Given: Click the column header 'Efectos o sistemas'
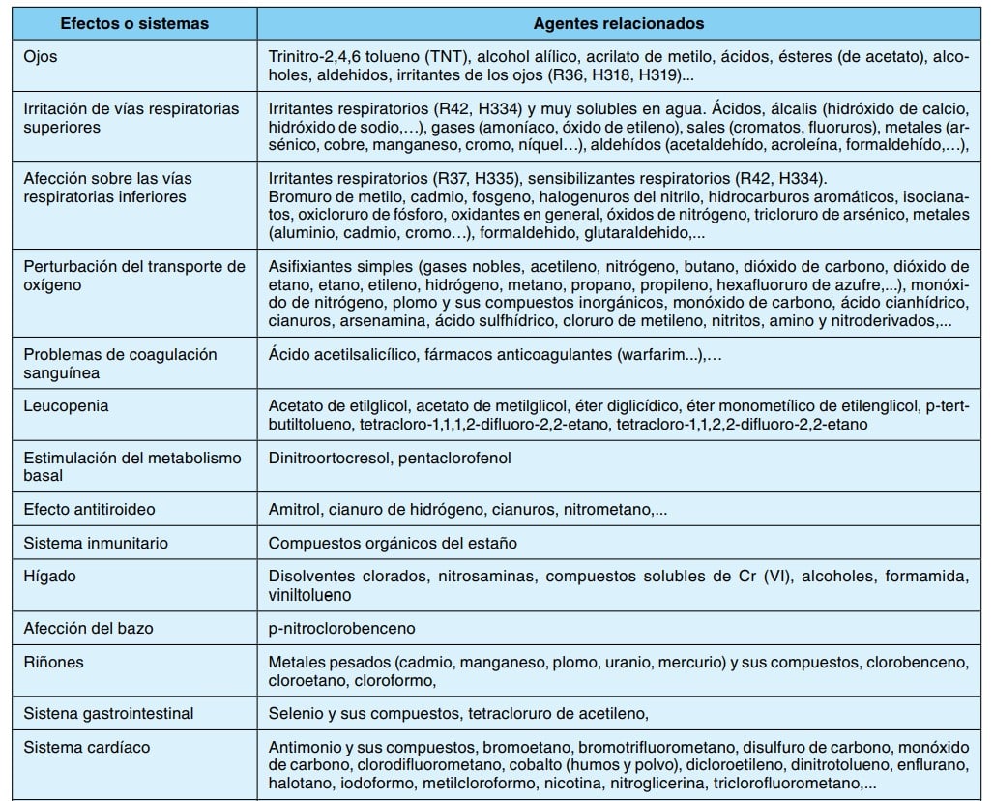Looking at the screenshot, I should [130, 23].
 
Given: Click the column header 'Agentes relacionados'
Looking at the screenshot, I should [619, 23].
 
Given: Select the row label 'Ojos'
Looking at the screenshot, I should [41, 56].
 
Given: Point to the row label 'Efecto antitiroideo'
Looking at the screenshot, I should [89, 508].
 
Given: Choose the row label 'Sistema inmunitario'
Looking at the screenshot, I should [96, 543].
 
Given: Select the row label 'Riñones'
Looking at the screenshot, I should [54, 662].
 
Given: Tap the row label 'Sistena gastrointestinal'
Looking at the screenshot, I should [108, 713].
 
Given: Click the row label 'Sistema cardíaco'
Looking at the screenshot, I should [87, 747].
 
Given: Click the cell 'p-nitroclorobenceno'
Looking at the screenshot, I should [342, 628].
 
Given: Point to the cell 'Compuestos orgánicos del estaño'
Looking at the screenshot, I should [393, 543].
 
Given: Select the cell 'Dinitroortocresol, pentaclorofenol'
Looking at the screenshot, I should [390, 458].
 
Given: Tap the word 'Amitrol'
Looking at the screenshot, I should [294, 508].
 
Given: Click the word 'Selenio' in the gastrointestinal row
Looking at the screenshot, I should [296, 713].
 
